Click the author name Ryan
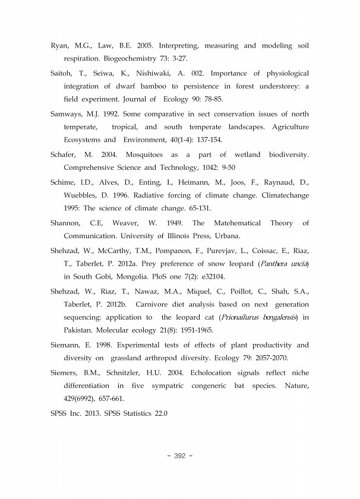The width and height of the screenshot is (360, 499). coord(61,46)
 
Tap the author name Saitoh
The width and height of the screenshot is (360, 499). coord(62,73)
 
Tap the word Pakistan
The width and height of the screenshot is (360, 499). coord(81,331)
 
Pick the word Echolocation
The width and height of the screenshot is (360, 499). coord(217,372)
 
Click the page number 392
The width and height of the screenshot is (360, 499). coord(180,456)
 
